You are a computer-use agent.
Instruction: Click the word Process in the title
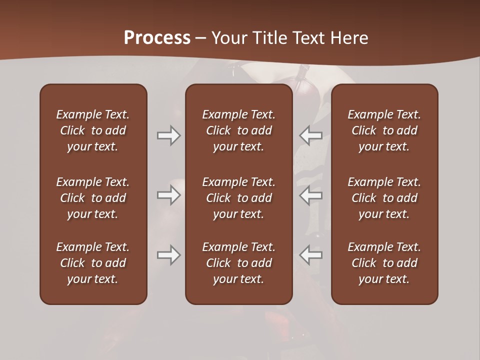tap(157, 38)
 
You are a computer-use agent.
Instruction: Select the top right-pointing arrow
tap(168, 135)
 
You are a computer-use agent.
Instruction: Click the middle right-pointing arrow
tap(168, 195)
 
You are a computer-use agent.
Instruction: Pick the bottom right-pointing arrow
tap(168, 255)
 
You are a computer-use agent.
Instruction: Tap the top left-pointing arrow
tap(311, 135)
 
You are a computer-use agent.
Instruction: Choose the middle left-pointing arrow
tap(311, 195)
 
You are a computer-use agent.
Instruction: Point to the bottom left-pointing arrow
tap(311, 255)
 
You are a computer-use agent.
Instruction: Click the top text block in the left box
tap(93, 130)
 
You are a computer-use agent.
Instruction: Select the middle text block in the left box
tap(93, 198)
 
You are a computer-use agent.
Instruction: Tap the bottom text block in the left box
tap(93, 263)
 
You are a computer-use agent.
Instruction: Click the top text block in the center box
tap(239, 130)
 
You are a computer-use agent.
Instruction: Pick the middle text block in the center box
tap(239, 198)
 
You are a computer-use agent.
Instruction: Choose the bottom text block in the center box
tap(239, 263)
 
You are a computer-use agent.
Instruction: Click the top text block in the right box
tap(384, 130)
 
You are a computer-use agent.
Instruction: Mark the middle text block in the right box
tap(384, 198)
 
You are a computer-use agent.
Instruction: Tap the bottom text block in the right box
tap(384, 263)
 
